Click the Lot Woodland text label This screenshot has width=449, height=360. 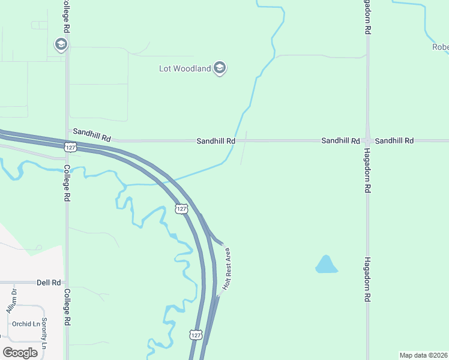[x=184, y=68]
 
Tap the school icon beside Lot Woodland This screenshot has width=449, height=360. [x=220, y=68]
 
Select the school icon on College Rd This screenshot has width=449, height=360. [x=61, y=44]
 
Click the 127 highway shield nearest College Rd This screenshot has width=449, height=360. [x=70, y=146]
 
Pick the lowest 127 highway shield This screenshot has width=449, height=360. [x=196, y=334]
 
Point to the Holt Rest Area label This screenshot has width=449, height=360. [x=227, y=268]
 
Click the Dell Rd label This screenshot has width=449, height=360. [x=49, y=282]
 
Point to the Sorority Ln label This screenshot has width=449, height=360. [x=43, y=334]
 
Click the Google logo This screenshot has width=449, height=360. [x=20, y=352]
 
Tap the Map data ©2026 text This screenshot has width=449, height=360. [x=423, y=355]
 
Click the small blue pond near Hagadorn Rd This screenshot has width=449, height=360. [x=325, y=264]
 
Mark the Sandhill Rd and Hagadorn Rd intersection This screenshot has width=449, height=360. [x=367, y=140]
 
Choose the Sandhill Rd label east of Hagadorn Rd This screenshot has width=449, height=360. [x=394, y=140]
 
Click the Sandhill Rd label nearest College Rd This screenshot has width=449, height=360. [x=92, y=134]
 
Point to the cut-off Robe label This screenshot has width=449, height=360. [x=440, y=47]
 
